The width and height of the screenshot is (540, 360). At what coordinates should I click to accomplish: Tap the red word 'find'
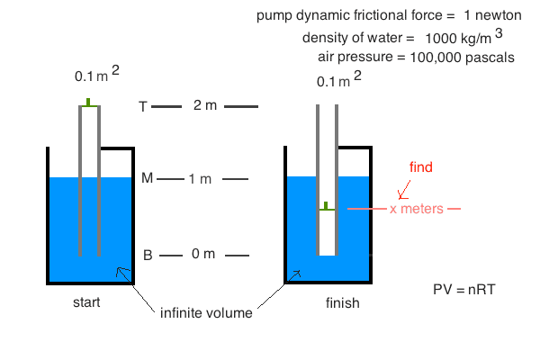coord(421,167)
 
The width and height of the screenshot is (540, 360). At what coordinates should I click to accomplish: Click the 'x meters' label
coord(417,209)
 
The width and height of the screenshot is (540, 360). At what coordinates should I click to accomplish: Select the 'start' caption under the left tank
coord(86,301)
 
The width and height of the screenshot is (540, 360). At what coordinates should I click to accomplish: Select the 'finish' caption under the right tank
coord(342,303)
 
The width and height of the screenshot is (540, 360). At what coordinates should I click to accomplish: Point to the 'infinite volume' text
coord(206,313)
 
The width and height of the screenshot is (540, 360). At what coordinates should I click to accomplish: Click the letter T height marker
coord(142,107)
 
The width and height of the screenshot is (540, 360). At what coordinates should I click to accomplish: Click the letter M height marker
coord(147,178)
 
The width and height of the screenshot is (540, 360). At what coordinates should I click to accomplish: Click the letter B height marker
coord(148,255)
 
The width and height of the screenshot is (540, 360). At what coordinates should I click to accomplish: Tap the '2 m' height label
coord(205,106)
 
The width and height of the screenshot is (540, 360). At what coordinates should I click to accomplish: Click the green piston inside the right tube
coord(325,208)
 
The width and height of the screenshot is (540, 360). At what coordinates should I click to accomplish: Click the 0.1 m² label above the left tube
coord(93,77)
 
